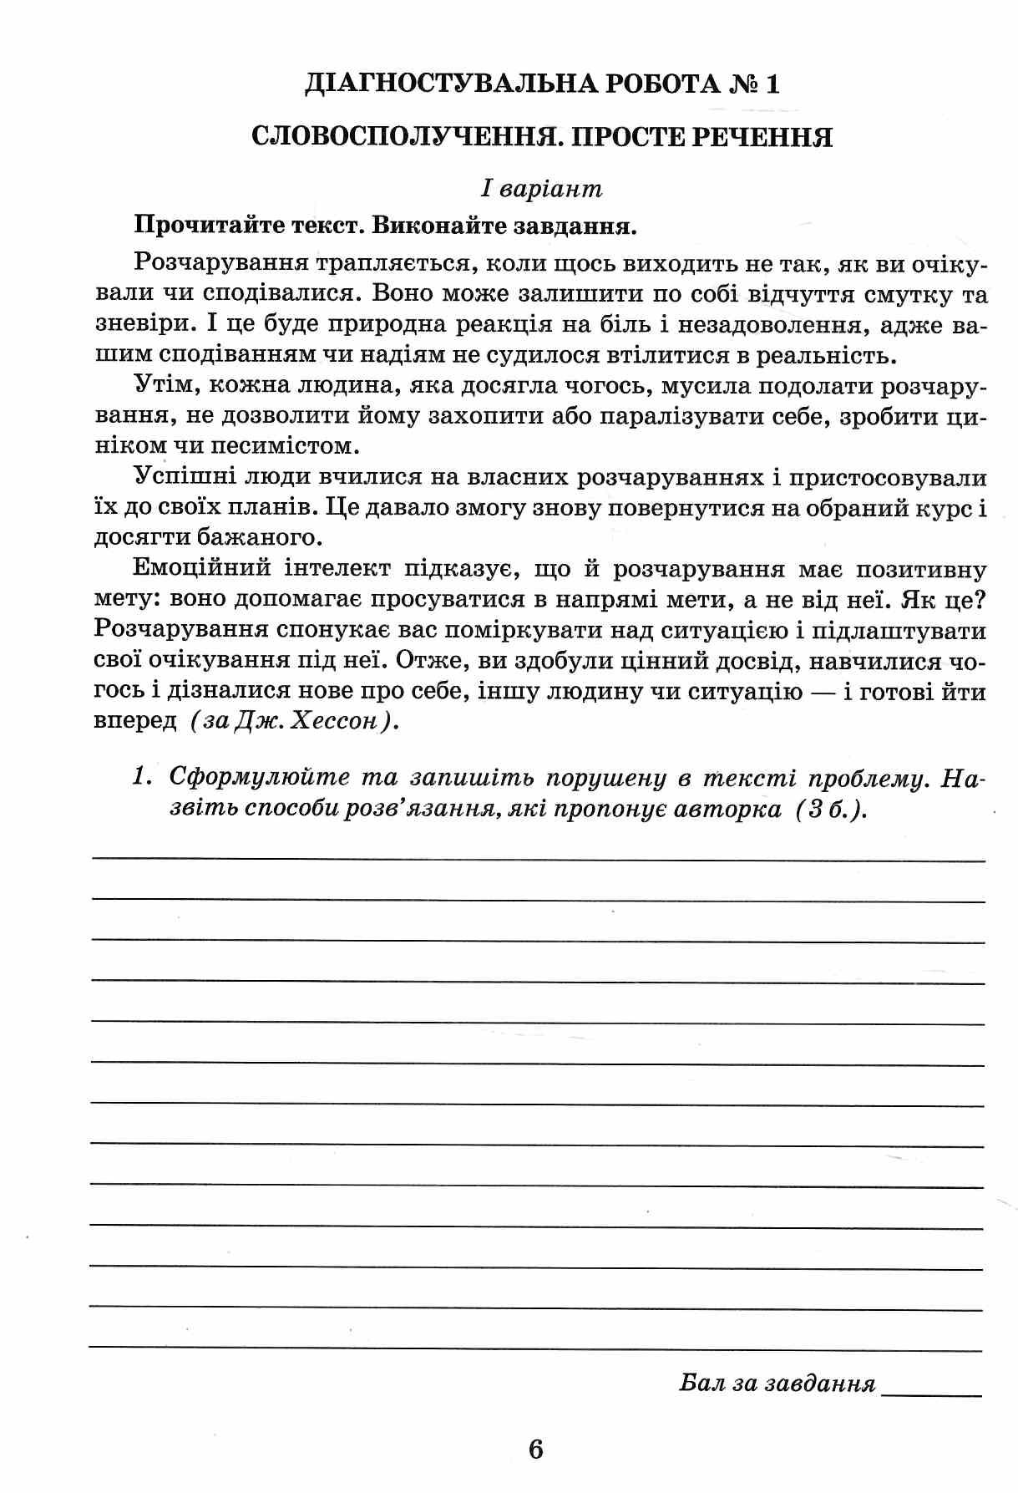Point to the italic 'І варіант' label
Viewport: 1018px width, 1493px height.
[541, 189]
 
